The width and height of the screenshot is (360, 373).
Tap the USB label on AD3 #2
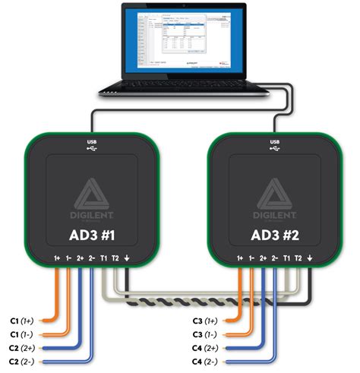click(273, 141)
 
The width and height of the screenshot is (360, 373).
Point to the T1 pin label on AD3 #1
click(103, 259)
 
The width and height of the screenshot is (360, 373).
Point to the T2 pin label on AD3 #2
click(298, 259)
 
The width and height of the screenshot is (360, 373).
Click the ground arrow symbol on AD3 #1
click(128, 259)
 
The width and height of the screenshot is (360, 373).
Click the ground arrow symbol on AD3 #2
click(310, 259)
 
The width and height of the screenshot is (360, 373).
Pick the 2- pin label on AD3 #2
click(273, 259)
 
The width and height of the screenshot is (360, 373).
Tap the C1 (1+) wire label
click(24, 321)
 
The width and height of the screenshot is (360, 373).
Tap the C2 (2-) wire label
click(24, 361)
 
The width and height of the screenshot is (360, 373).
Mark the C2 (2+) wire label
click(24, 347)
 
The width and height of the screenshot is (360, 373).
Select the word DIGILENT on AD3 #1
click(92, 213)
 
